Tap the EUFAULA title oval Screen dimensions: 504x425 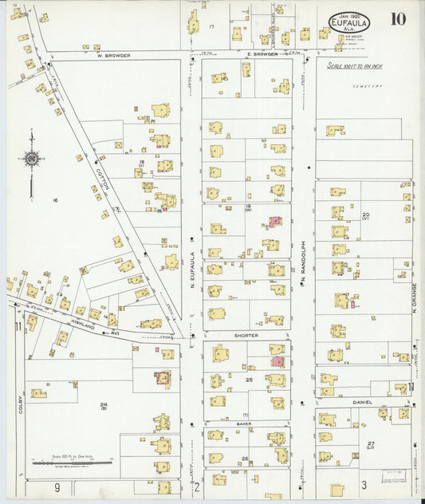pos(349,22)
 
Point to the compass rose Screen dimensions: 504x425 pos(31,159)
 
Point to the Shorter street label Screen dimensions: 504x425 pos(246,336)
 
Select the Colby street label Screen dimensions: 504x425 pos(20,405)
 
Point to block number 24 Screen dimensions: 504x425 pos(104,405)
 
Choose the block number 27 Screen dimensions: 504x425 pos(371,443)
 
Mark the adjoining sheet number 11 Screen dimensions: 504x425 pos(17,327)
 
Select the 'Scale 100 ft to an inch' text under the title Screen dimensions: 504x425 pos(354,66)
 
